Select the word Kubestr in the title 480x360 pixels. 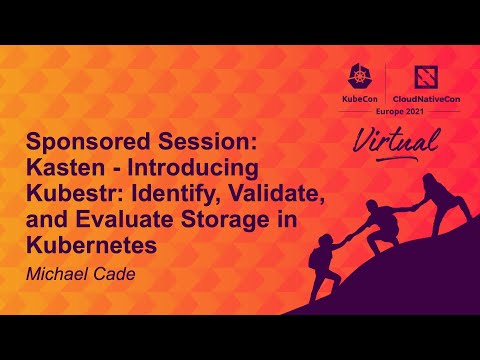click(69, 190)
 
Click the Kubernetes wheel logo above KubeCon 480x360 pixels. click(361, 78)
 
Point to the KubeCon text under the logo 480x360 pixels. click(360, 101)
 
